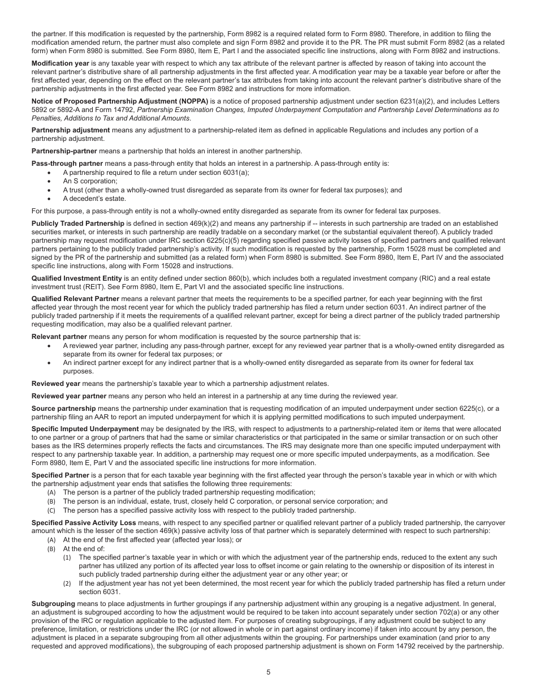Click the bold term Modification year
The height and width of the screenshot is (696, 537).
tap(60, 63)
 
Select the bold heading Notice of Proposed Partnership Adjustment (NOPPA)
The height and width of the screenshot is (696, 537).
tap(120, 101)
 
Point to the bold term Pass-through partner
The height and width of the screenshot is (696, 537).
tap(67, 164)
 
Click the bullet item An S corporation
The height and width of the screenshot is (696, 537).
tap(90, 181)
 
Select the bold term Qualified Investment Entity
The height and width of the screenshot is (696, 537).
tap(77, 278)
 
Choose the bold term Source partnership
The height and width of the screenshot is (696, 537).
tap(64, 408)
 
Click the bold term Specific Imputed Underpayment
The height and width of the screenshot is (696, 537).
tap(85, 429)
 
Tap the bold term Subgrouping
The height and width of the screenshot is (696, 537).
tap(53, 604)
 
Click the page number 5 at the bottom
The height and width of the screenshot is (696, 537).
tap(268, 672)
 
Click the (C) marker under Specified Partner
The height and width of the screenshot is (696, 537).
tap(51, 510)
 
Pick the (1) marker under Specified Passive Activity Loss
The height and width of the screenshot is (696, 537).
tap(67, 557)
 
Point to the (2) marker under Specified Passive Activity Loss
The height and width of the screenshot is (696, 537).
tap(67, 583)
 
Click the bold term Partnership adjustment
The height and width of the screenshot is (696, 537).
tap(71, 130)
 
